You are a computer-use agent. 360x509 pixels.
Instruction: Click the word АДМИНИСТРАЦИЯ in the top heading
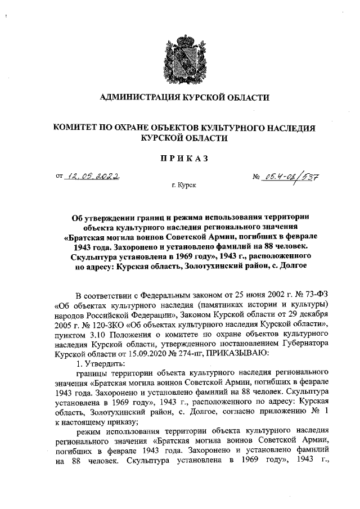(136, 98)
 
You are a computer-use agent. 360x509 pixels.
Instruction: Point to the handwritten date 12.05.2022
(94, 177)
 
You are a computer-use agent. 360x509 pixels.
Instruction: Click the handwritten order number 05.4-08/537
(292, 178)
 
